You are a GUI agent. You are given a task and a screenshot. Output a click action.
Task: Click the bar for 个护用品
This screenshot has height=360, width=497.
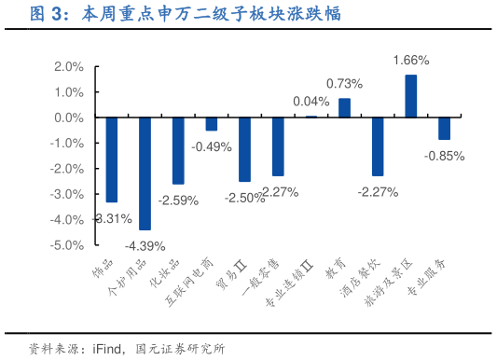[x=145, y=173]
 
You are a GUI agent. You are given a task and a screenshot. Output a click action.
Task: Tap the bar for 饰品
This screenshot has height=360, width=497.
[x=112, y=159]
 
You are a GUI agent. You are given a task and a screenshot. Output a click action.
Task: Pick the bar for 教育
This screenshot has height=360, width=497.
[x=344, y=108]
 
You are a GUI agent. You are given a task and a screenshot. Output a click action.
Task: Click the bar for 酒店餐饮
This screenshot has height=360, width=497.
[x=378, y=146]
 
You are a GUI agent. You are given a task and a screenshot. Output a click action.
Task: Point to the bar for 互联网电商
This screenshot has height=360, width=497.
[x=212, y=124]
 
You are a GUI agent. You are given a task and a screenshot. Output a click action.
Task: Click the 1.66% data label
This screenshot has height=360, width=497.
[x=410, y=61]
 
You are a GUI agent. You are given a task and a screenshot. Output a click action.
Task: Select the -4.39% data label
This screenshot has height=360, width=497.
[x=145, y=245]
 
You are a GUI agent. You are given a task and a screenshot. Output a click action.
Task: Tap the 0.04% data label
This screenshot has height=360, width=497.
[x=311, y=102]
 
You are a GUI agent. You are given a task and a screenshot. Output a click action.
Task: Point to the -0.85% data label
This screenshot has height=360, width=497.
[x=444, y=156]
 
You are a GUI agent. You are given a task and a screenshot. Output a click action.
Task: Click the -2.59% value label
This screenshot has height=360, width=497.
[x=178, y=200]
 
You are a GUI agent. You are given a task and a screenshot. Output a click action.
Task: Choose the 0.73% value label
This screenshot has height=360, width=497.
[x=344, y=84]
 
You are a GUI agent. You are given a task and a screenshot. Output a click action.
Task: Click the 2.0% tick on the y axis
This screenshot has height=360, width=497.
[x=70, y=67]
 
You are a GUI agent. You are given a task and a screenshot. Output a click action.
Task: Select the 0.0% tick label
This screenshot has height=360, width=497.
[x=70, y=118]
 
